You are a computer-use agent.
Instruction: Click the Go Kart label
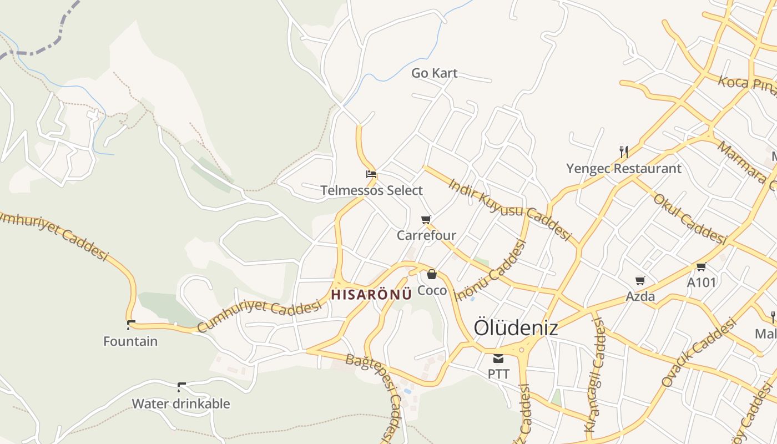point(434,73)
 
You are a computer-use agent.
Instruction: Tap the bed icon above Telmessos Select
point(371,174)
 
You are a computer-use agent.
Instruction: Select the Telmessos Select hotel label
point(371,190)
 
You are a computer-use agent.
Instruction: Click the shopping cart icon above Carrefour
point(426,219)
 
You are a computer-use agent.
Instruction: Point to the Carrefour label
point(426,235)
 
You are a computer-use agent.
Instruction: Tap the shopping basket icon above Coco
point(432,274)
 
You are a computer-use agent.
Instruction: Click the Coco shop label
point(432,290)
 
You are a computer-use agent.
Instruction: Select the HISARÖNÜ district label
point(371,294)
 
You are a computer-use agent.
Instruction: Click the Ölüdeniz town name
point(516,327)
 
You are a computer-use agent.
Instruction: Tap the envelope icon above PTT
point(498,358)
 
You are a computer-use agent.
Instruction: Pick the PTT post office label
point(498,374)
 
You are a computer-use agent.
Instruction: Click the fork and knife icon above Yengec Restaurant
point(624,152)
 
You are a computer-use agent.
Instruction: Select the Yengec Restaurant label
point(624,168)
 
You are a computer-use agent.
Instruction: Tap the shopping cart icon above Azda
point(640,280)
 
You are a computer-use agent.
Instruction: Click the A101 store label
point(702,282)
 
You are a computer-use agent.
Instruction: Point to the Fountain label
point(130,341)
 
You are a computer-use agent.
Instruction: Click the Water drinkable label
point(180,403)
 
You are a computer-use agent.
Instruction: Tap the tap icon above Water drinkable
point(181,386)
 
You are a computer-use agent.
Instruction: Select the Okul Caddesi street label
point(690,219)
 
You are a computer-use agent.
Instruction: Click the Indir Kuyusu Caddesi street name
point(509,209)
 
